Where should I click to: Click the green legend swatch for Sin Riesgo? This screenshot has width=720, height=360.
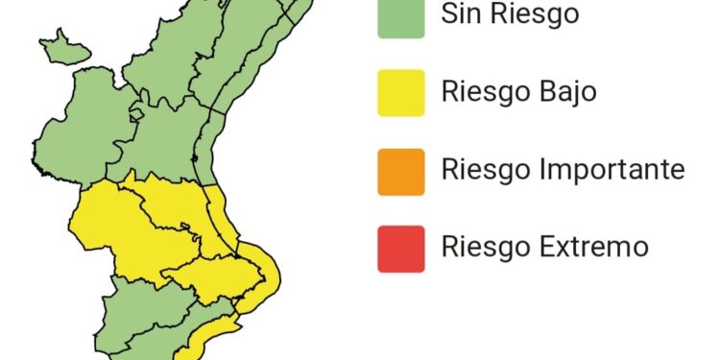(x=400, y=17)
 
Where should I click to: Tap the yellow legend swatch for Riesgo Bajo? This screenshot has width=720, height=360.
(x=400, y=92)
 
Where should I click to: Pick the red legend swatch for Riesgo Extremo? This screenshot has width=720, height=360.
(x=400, y=248)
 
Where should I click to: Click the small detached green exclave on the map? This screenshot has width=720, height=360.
(x=61, y=44)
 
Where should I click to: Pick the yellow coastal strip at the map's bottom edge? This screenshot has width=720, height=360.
(x=206, y=336)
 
